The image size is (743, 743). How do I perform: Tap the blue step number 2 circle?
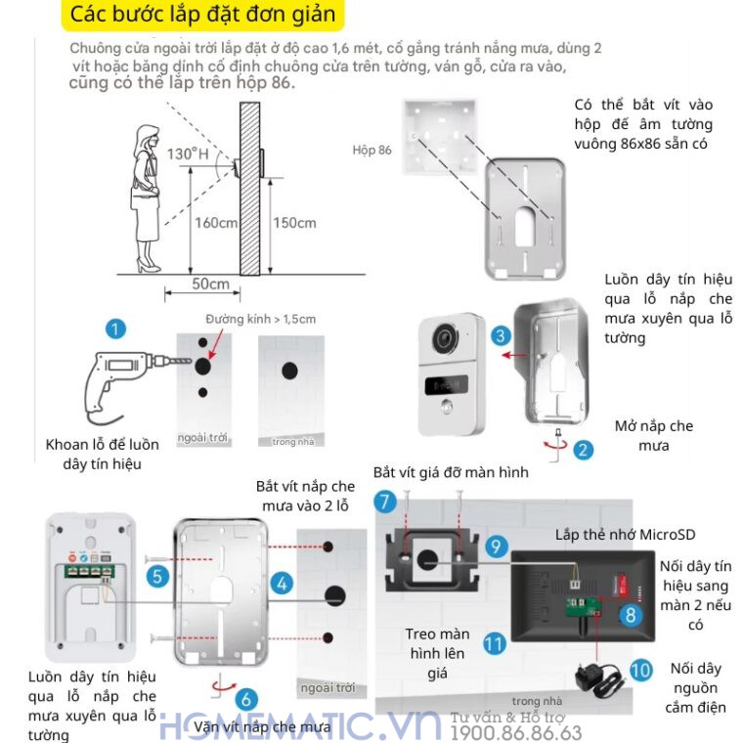coord(584,450)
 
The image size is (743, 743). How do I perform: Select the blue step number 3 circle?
coord(501,336)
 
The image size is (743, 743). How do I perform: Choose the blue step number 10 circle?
coord(640,670)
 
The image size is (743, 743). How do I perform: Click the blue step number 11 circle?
coord(495,643)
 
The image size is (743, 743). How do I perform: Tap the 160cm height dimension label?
coord(216,223)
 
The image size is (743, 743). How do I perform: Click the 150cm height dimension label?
coord(294,223)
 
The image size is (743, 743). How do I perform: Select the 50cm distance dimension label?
coord(211,284)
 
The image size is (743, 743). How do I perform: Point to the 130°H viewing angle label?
coord(188,153)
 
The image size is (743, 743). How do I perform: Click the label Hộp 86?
coord(371,150)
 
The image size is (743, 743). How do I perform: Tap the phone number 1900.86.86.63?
coord(516,732)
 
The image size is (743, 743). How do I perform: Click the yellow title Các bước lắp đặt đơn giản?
coord(203,15)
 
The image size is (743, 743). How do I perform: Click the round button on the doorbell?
coord(447,407)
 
